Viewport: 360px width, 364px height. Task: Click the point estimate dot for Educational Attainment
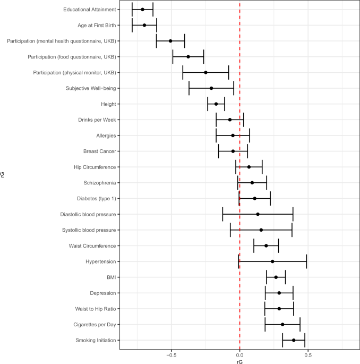[x=142, y=10]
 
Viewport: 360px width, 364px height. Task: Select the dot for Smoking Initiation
[x=293, y=340]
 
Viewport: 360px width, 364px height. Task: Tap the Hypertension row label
[x=101, y=261]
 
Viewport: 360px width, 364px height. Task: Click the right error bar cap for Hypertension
[x=306, y=261]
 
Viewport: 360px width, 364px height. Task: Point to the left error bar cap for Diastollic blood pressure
[x=222, y=214]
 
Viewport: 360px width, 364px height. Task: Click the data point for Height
[x=216, y=104]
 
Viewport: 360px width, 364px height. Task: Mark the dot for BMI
[x=276, y=277]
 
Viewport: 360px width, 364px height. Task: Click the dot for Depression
[x=279, y=293]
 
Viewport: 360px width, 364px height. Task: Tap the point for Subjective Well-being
[x=211, y=88]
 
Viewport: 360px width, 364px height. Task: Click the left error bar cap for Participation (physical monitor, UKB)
[x=183, y=72]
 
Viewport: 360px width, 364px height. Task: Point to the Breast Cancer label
[x=98, y=151]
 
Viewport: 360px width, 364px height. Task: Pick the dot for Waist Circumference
[x=266, y=246]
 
